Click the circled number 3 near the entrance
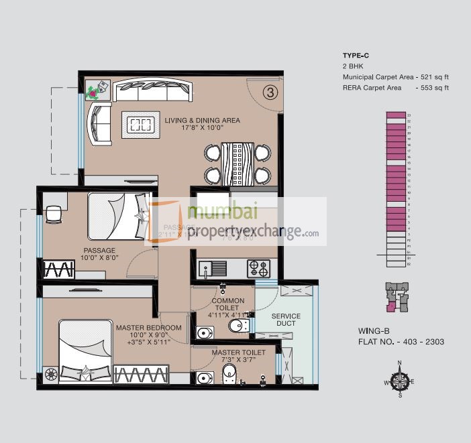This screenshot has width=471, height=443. click(x=270, y=93)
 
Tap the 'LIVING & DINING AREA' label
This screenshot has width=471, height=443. click(x=202, y=121)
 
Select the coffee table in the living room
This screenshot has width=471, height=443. click(x=141, y=123)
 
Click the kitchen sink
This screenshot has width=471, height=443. click(x=217, y=268)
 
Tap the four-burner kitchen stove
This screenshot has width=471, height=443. click(x=258, y=268)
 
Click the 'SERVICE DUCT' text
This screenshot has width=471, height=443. click(x=286, y=320)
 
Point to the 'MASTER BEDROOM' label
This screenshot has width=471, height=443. click(x=148, y=328)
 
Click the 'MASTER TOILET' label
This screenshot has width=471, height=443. click(x=238, y=352)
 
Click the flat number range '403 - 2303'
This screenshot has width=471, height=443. click(x=422, y=342)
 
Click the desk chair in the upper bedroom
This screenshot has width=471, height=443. click(x=53, y=213)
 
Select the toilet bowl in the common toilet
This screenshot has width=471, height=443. click(x=237, y=326)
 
